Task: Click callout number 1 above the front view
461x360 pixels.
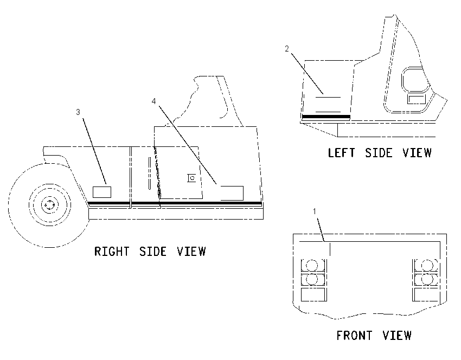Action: (x=315, y=211)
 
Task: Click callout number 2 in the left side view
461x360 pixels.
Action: (x=287, y=49)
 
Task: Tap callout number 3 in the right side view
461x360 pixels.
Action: (x=78, y=112)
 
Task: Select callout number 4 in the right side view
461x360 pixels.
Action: (x=154, y=101)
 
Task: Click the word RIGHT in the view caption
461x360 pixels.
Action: (x=112, y=252)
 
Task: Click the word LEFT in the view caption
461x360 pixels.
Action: (x=341, y=153)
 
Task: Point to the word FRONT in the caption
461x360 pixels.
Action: (x=354, y=335)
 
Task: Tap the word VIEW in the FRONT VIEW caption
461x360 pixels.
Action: (x=397, y=335)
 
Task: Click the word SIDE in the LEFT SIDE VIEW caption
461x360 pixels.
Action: (x=379, y=153)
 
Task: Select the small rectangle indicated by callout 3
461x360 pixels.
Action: (x=102, y=192)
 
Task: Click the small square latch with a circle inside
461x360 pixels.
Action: (x=191, y=178)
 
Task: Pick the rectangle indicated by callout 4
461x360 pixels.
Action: (x=232, y=193)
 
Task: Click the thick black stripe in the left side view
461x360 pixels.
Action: (x=326, y=117)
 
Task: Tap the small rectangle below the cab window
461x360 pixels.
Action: (x=417, y=99)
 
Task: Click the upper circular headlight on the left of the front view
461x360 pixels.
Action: (x=312, y=265)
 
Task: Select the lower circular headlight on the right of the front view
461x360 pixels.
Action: (x=426, y=279)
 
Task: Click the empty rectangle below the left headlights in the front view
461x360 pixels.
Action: (x=313, y=294)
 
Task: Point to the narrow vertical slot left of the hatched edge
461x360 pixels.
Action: (x=150, y=173)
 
